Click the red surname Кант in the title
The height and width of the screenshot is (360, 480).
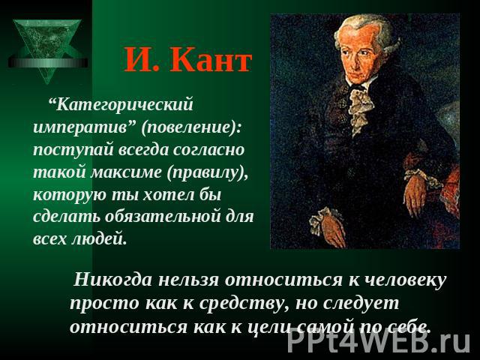(x=211, y=60)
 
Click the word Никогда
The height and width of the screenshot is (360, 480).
(x=112, y=280)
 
